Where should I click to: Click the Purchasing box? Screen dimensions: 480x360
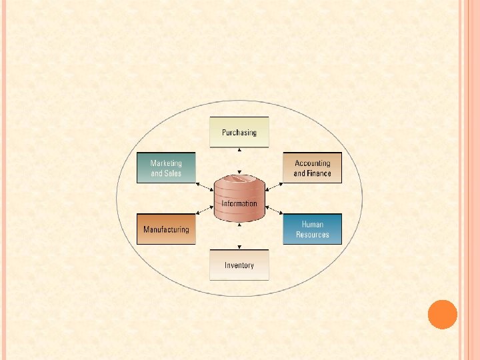click(239, 132)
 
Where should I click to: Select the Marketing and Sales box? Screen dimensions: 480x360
click(166, 168)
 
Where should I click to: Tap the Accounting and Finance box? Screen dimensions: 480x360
click(312, 168)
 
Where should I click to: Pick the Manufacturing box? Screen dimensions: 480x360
click(166, 229)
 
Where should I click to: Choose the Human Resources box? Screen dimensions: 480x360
click(312, 229)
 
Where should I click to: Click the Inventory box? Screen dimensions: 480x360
click(239, 265)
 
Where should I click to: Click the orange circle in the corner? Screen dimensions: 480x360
click(442, 314)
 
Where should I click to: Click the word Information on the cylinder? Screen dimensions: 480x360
click(239, 203)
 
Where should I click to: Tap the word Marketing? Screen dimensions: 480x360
click(166, 163)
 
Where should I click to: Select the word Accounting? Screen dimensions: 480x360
click(313, 163)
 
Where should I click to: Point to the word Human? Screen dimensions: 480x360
click(313, 225)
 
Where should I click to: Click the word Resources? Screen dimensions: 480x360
click(313, 235)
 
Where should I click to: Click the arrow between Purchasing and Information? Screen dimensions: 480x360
click(239, 161)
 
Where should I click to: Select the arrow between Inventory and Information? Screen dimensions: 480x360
click(239, 237)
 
